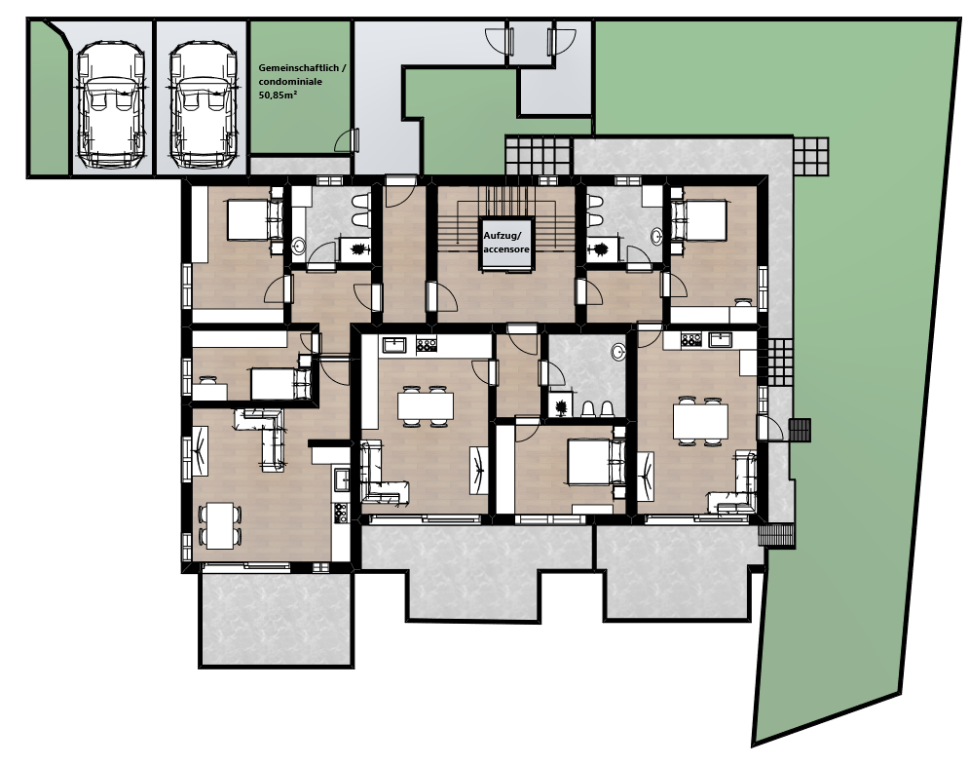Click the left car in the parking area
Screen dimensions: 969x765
pos(111,104)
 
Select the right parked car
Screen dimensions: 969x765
pos(204,104)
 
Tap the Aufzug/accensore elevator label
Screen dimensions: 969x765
pos(506,243)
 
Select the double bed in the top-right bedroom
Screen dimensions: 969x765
pos(699,219)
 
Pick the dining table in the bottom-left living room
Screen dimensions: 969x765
pos(220,525)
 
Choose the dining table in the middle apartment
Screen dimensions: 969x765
pos(426,405)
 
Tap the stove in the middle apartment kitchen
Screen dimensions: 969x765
pos(427,344)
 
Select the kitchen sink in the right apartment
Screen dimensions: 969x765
pos(721,339)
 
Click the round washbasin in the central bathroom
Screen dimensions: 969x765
pos(618,352)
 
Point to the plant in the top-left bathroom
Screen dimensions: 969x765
pos(357,249)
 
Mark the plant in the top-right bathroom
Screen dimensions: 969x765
pos(599,249)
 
